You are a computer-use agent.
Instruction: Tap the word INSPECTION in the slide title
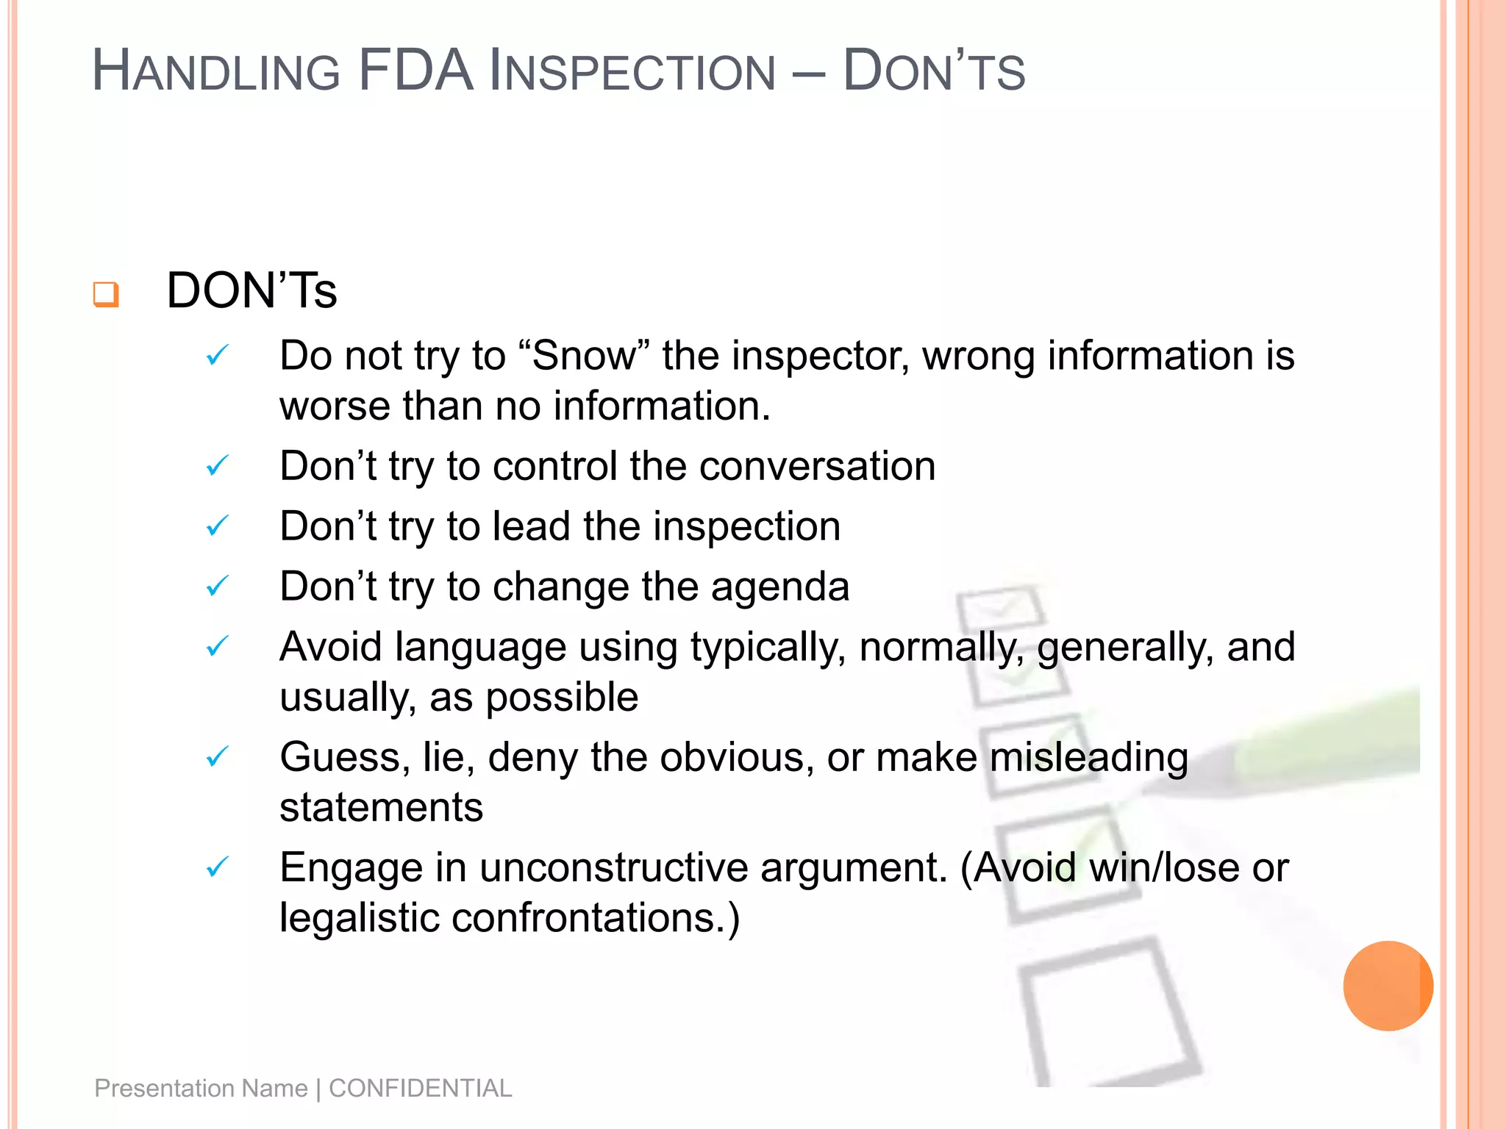click(x=632, y=72)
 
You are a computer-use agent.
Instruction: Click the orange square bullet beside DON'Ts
click(x=105, y=294)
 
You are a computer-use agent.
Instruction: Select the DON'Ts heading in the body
click(x=251, y=290)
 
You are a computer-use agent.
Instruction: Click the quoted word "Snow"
click(x=585, y=356)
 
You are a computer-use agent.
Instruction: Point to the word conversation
click(x=817, y=466)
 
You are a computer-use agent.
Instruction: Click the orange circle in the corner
click(x=1388, y=986)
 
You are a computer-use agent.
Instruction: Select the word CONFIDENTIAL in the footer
click(x=420, y=1088)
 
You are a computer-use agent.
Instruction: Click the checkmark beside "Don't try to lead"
click(x=218, y=526)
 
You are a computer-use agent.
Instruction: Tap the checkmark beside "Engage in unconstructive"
click(x=218, y=867)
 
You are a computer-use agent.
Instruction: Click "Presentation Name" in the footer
click(x=201, y=1088)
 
